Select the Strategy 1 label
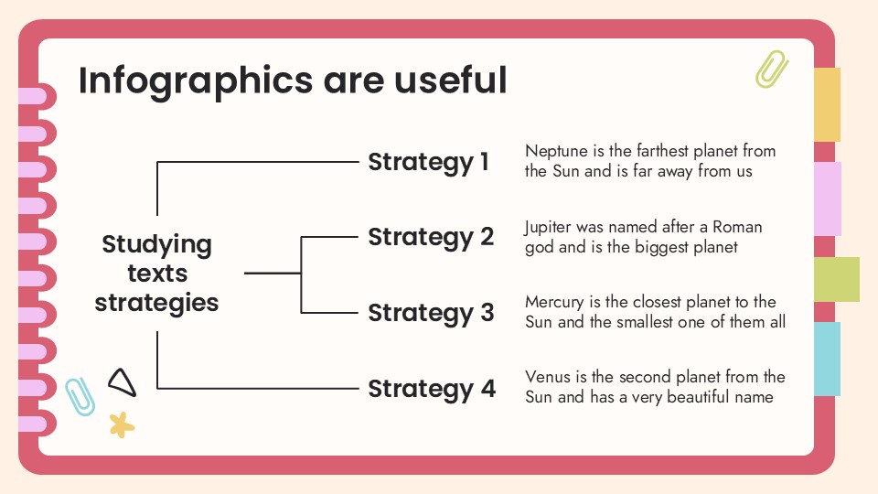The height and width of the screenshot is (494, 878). pyautogui.click(x=428, y=163)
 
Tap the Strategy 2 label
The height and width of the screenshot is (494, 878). pyautogui.click(x=431, y=238)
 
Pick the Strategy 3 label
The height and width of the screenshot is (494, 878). pyautogui.click(x=431, y=313)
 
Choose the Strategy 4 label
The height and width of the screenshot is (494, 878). pyautogui.click(x=432, y=389)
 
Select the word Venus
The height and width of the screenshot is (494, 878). pyautogui.click(x=547, y=377)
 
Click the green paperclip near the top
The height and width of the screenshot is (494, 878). pyautogui.click(x=771, y=69)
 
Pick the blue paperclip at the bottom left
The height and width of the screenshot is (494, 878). pyautogui.click(x=80, y=395)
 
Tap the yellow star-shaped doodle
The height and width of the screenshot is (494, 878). pyautogui.click(x=121, y=424)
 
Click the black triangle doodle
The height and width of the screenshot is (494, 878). pyautogui.click(x=122, y=382)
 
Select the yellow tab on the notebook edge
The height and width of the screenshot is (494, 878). pyautogui.click(x=827, y=104)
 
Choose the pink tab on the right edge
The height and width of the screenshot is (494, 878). pyautogui.click(x=827, y=199)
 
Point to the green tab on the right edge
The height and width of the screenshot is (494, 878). pyautogui.click(x=836, y=279)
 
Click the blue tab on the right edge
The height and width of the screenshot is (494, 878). pyautogui.click(x=827, y=359)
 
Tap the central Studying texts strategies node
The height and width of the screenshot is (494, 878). pyautogui.click(x=156, y=274)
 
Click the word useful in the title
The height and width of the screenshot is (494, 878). pyautogui.click(x=450, y=81)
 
